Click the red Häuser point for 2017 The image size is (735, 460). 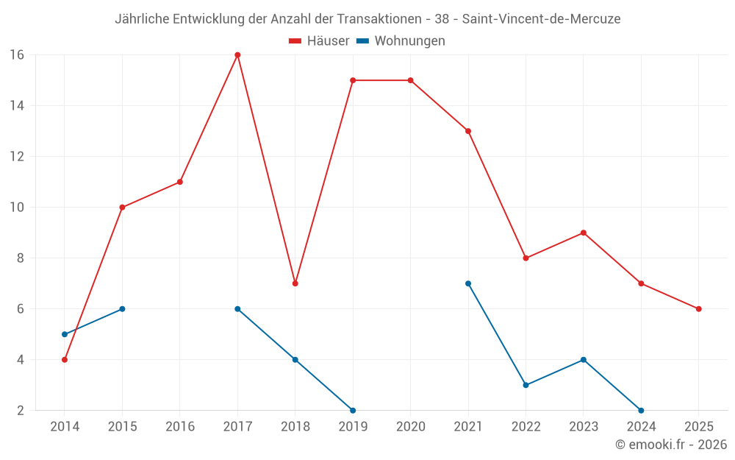click(x=237, y=54)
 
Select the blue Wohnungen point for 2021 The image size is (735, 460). click(x=468, y=283)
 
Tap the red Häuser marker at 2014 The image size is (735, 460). click(x=65, y=360)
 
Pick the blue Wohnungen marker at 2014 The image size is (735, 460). click(x=65, y=334)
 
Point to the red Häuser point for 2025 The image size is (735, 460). click(x=698, y=309)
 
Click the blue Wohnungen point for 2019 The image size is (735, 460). click(x=353, y=411)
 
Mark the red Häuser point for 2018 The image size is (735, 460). click(x=295, y=283)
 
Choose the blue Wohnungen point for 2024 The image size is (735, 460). click(x=641, y=411)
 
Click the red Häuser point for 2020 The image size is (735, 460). click(x=410, y=80)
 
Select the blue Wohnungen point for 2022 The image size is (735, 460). click(x=526, y=385)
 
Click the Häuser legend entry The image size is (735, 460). click(x=319, y=41)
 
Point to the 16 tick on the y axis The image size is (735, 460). click(x=17, y=54)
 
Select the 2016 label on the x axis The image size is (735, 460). click(x=180, y=427)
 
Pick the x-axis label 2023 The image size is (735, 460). click(x=583, y=427)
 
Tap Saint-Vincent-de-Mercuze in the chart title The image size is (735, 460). click(x=541, y=19)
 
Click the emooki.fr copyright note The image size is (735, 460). click(x=671, y=445)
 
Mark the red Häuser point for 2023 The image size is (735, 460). click(x=583, y=233)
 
